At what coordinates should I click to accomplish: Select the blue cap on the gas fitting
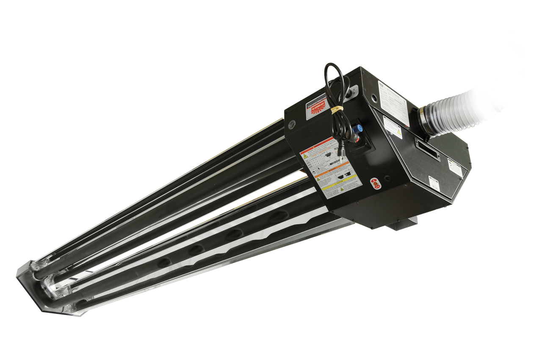pos(359,127)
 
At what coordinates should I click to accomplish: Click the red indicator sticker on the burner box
pos(374,183)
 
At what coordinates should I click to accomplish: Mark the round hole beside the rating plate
pos(373,97)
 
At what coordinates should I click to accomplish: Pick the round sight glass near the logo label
pos(291,124)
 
